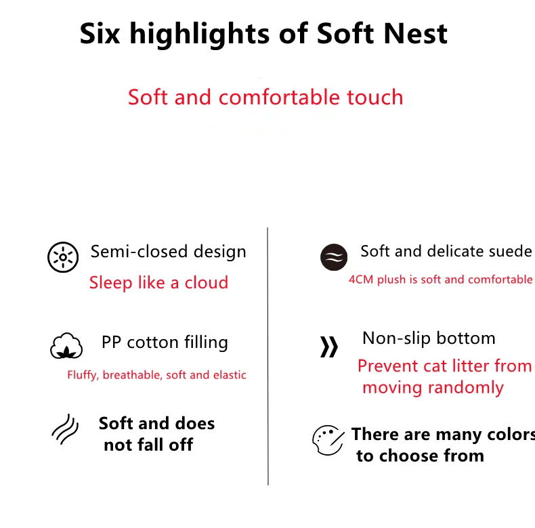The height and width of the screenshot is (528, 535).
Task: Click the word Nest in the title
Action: click(x=415, y=34)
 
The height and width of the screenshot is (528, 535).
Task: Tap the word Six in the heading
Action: click(x=100, y=33)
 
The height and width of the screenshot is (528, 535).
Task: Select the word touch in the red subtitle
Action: click(x=375, y=97)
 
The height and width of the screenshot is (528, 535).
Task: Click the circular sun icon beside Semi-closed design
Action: click(x=63, y=257)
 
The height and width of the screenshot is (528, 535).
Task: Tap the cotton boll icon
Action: click(x=66, y=345)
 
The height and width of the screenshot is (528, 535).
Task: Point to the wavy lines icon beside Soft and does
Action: click(x=65, y=429)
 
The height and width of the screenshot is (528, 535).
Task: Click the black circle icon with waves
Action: click(x=334, y=257)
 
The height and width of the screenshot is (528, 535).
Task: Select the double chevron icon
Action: click(x=329, y=347)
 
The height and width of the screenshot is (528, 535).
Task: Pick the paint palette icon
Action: click(x=328, y=440)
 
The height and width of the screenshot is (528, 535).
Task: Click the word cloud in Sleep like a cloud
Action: click(x=207, y=282)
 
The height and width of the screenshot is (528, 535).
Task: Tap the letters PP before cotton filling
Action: click(x=111, y=342)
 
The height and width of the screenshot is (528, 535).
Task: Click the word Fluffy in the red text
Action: click(x=83, y=375)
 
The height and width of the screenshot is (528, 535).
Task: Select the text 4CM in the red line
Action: click(x=362, y=280)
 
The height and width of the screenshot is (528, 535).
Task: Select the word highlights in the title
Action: click(x=200, y=34)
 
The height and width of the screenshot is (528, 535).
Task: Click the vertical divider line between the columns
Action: click(x=268, y=356)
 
